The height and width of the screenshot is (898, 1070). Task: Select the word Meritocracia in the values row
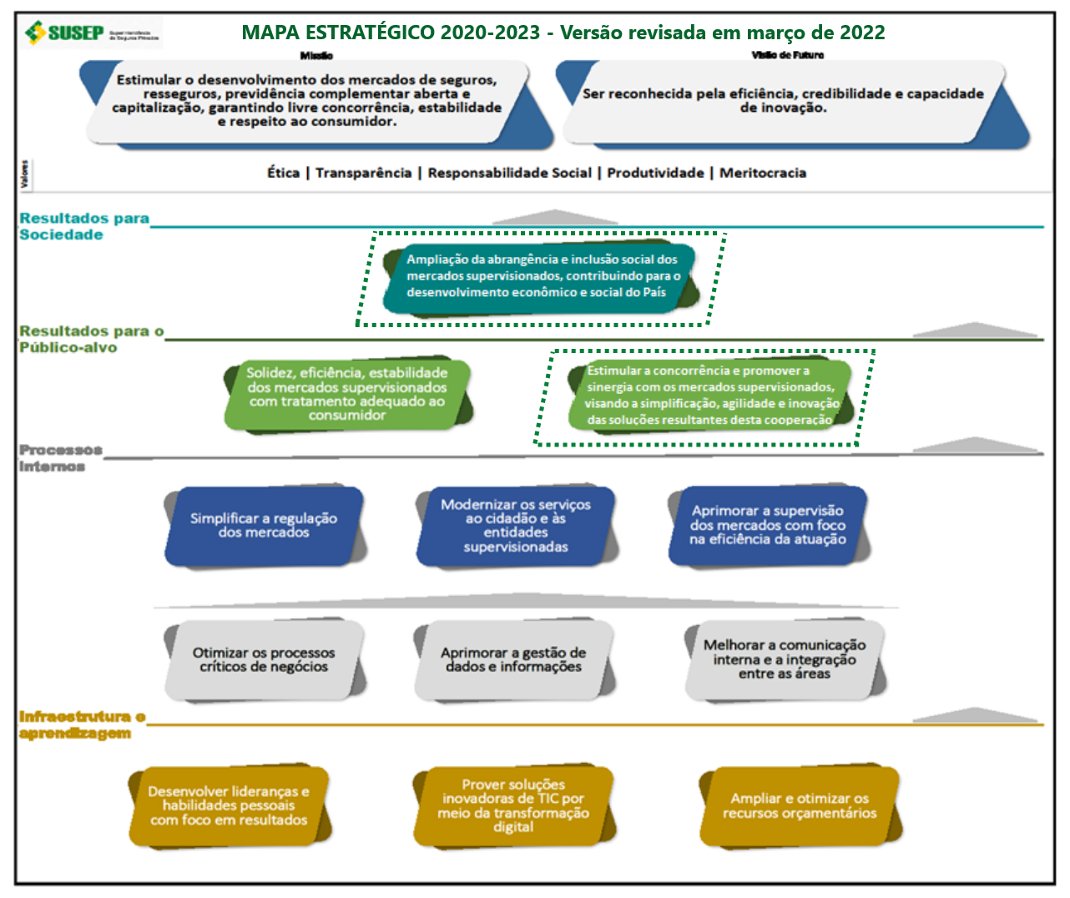tap(763, 173)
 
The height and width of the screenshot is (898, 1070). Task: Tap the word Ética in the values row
tap(283, 173)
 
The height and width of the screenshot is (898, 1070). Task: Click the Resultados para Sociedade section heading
tap(83, 226)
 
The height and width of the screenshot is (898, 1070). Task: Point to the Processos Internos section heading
tap(60, 457)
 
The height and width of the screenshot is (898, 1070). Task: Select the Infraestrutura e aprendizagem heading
tap(82, 724)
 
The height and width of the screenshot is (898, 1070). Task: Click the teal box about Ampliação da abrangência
tap(541, 276)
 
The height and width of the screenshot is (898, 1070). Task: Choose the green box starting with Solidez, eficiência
tap(346, 394)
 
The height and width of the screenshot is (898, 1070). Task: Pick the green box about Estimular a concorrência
tap(709, 395)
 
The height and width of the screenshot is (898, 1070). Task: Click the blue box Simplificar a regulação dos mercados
tap(264, 526)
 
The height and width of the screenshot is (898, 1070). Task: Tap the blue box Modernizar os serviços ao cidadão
tap(515, 526)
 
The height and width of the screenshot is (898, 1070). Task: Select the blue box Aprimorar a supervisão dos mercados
tap(767, 526)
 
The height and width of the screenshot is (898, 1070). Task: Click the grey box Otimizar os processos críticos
tap(264, 660)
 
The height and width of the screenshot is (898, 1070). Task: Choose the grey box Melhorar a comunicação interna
tap(784, 659)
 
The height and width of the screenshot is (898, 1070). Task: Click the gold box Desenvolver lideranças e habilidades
tap(229, 806)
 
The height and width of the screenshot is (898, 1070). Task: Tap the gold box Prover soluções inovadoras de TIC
tap(512, 806)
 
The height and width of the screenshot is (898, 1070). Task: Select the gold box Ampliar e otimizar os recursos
tap(799, 806)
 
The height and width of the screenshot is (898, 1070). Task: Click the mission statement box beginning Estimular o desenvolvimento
tap(307, 101)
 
